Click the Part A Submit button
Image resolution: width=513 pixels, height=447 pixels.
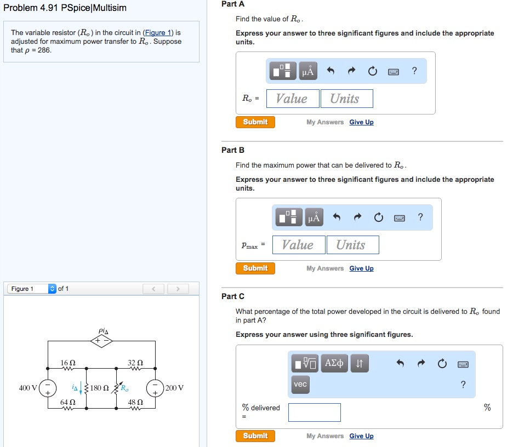(255, 122)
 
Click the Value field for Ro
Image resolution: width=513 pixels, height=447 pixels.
(292, 99)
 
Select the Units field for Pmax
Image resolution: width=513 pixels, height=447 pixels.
(351, 245)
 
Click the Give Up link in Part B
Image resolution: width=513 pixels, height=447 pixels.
(361, 268)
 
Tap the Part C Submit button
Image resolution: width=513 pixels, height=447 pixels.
(255, 436)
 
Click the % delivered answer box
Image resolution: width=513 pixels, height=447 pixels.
(314, 412)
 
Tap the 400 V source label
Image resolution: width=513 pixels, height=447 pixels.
(28, 388)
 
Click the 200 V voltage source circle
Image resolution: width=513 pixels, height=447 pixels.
(154, 388)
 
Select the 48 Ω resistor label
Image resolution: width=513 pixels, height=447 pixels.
(135, 403)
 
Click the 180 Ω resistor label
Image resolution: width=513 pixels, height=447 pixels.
(100, 388)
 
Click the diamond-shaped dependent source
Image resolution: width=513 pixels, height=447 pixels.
(102, 341)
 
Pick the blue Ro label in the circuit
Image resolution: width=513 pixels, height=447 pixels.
(125, 388)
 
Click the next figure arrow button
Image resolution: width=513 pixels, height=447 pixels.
(178, 289)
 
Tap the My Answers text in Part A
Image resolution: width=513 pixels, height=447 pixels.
(325, 122)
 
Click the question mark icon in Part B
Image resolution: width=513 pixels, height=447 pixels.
(420, 217)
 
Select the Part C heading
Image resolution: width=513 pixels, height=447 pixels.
(233, 296)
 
